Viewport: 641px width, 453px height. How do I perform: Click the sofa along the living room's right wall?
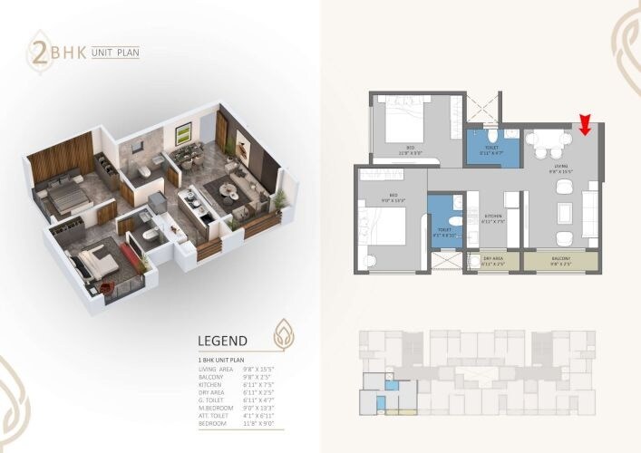pos(589,213)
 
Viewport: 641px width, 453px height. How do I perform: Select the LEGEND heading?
pos(222,341)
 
